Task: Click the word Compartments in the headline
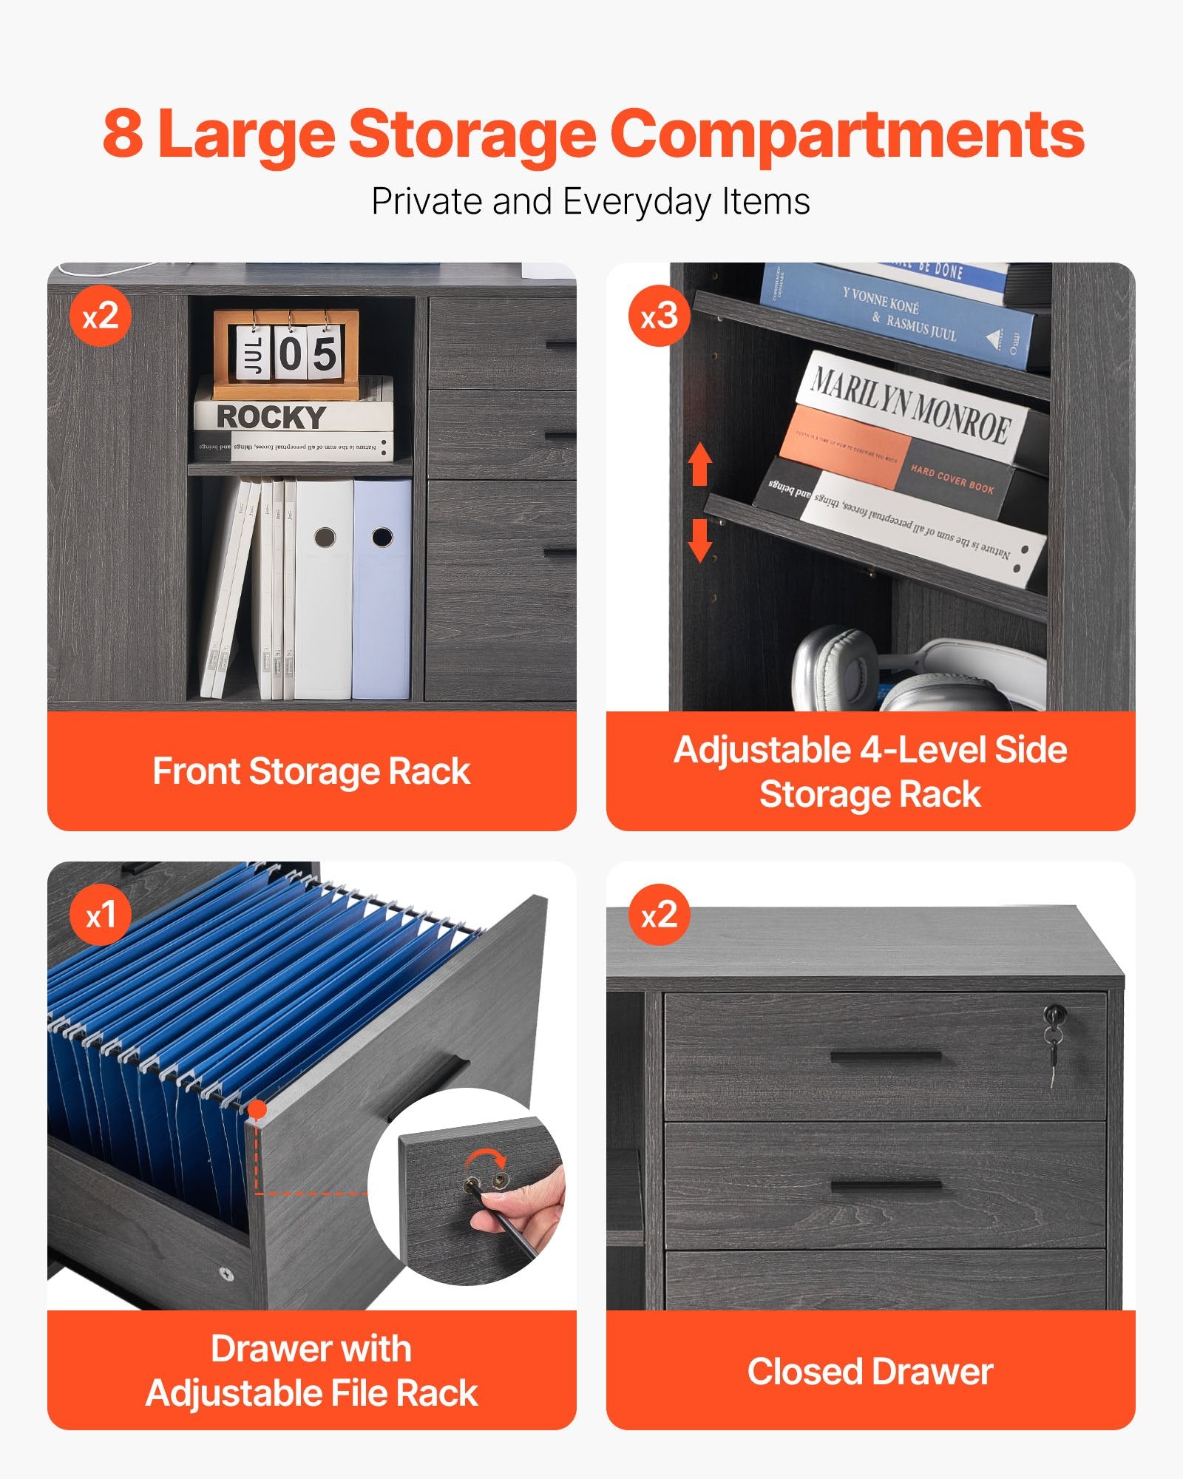coord(847,135)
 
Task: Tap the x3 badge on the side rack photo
coord(659,317)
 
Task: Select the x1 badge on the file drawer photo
coord(100,916)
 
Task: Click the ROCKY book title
coord(271,417)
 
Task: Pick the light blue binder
coord(382,588)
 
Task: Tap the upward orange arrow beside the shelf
coord(699,464)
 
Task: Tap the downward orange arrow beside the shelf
coord(699,540)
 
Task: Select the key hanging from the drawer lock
coord(1053,1050)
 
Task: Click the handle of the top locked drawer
coord(885,1057)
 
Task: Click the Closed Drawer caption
coord(870,1372)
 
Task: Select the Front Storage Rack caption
coord(311,771)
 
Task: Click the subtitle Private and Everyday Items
coord(590,201)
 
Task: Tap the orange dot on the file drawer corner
coord(257,1109)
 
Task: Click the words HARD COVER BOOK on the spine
coord(952,479)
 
